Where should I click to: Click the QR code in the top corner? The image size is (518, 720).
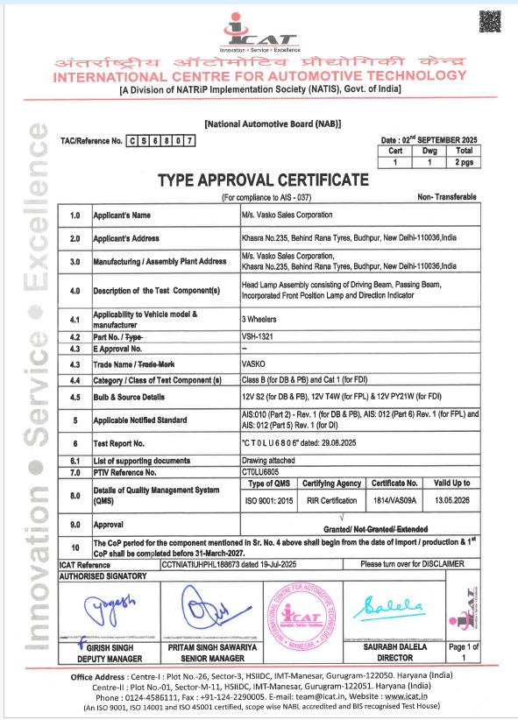(x=492, y=19)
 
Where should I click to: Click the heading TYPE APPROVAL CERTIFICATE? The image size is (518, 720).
(x=262, y=180)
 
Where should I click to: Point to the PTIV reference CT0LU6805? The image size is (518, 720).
(x=261, y=472)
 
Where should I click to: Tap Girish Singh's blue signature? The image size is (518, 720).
(x=95, y=608)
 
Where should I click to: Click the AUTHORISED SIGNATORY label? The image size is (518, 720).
(x=103, y=577)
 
